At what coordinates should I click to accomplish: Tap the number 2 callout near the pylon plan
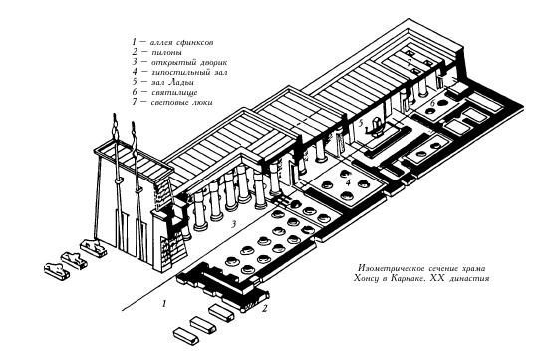click(265, 310)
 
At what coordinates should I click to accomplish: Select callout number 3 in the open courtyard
click(233, 225)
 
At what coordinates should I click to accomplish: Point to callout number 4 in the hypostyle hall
click(346, 183)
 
